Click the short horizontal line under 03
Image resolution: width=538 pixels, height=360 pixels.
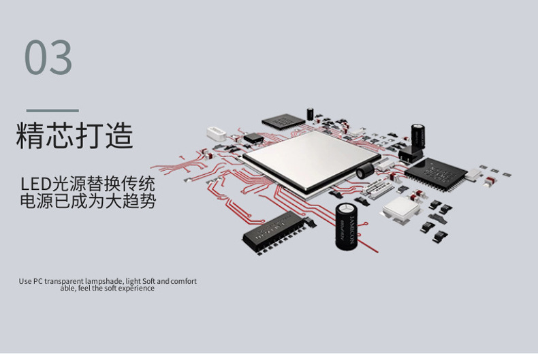[52, 110]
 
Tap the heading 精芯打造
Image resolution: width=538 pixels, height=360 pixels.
[74, 136]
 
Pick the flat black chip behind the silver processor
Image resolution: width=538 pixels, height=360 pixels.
[283, 122]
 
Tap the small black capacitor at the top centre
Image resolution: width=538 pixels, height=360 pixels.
[311, 113]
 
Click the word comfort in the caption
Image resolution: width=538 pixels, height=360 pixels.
[183, 280]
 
